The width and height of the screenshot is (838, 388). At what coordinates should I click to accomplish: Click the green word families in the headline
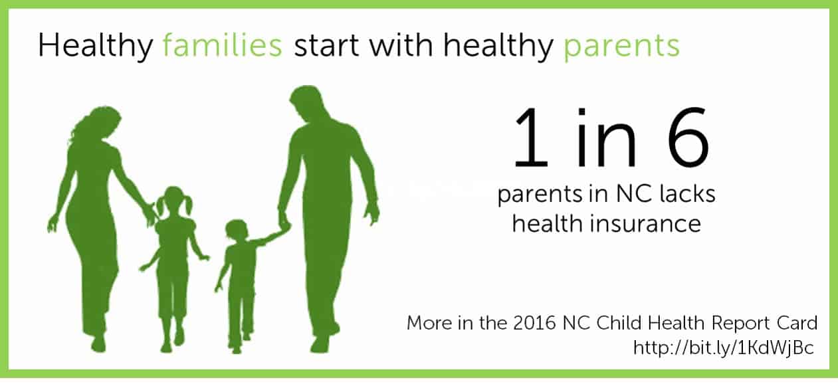click(x=223, y=45)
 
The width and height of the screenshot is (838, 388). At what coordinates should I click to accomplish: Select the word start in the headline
click(x=326, y=46)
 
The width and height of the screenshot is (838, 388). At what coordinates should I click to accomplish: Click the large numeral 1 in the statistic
click(x=530, y=137)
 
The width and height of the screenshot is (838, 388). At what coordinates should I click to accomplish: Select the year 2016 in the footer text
click(x=534, y=324)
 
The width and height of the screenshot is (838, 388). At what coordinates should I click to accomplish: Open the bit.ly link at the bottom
click(x=724, y=348)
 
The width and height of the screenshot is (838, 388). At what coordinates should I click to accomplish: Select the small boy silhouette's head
click(x=237, y=231)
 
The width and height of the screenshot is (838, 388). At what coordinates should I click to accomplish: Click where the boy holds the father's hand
click(x=284, y=226)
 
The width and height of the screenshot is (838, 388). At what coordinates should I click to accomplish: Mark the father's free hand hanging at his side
click(x=371, y=215)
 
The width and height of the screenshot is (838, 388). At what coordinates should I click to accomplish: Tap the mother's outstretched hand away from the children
click(x=53, y=223)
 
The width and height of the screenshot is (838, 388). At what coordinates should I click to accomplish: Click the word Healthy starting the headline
click(x=96, y=46)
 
